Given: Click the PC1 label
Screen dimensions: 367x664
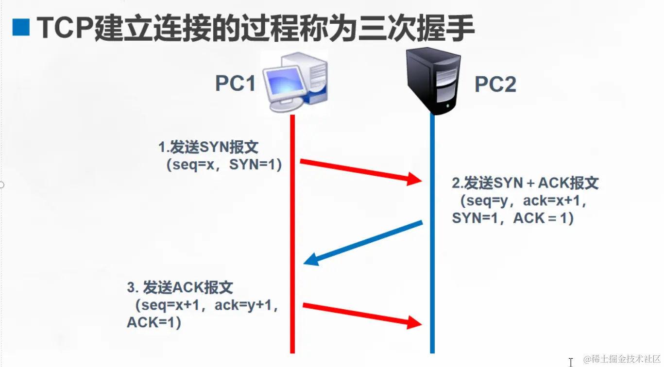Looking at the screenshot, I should point(235,83).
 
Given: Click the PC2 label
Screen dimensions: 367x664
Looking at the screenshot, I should point(495,85).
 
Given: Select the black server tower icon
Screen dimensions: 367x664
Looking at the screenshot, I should point(433,81).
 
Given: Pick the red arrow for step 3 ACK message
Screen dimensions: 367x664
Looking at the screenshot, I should point(362,314).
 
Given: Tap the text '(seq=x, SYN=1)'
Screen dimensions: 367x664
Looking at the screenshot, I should point(224,165).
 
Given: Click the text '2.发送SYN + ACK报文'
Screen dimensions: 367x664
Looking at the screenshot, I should point(525,183).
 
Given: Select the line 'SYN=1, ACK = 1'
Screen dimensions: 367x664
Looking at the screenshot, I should point(513,218).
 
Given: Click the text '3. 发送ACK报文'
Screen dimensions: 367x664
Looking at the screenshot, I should point(180,287).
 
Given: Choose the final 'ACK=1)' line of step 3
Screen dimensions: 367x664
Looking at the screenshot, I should point(154,322).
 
